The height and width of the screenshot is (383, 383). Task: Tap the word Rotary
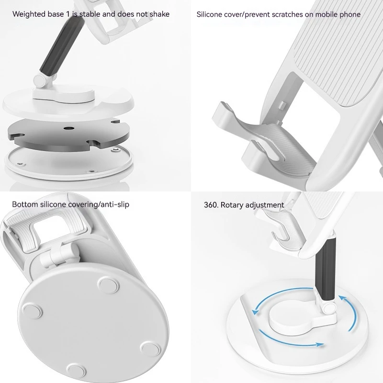click(x=231, y=205)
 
